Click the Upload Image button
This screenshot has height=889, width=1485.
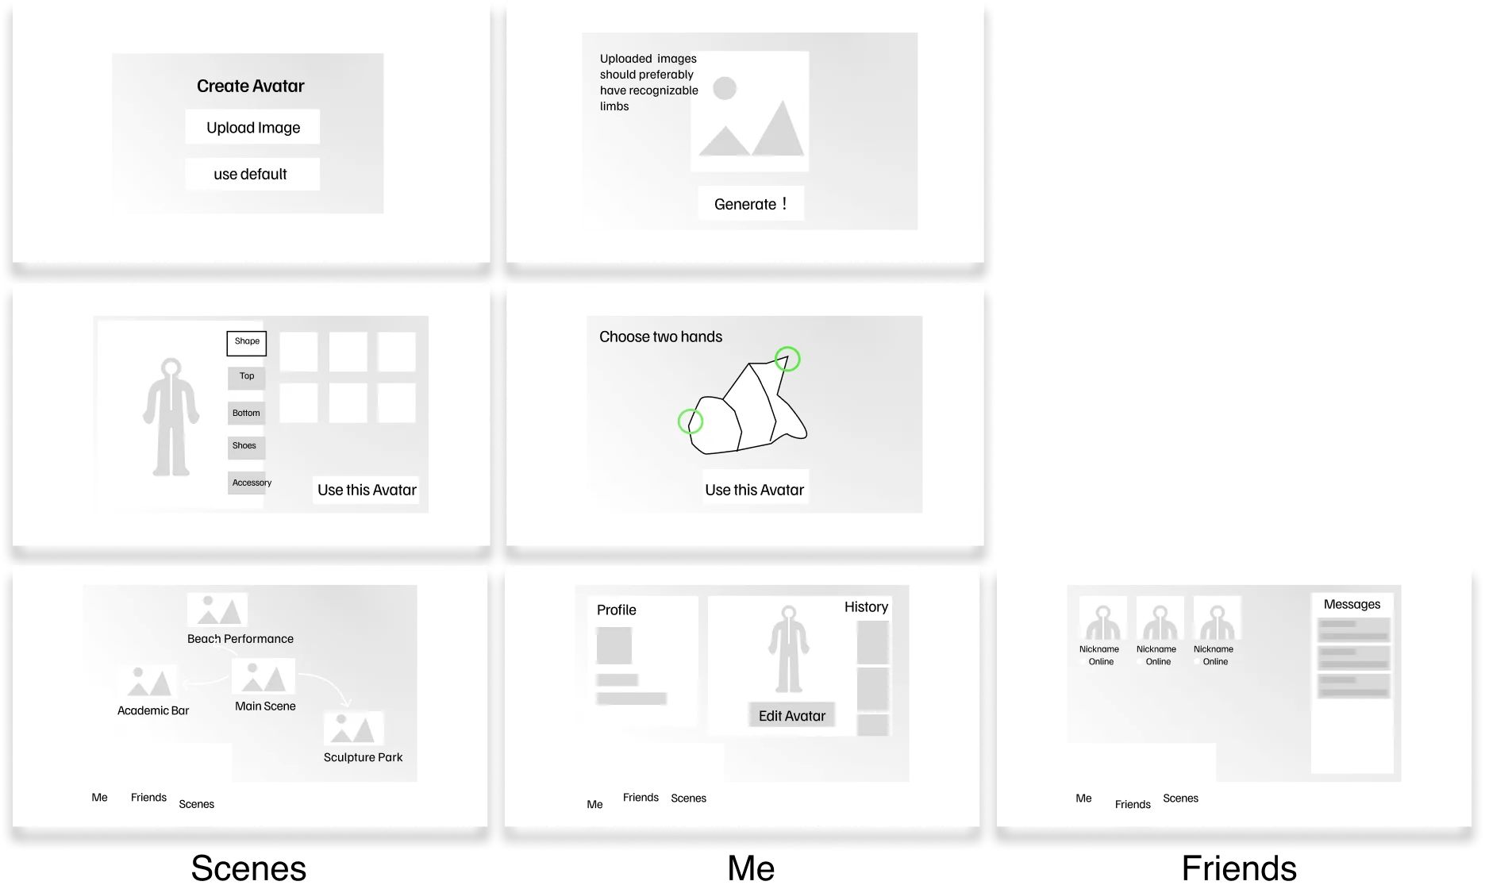tap(252, 127)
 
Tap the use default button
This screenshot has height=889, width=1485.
tap(252, 174)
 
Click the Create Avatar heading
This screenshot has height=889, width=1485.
tap(250, 86)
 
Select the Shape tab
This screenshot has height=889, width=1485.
tap(247, 342)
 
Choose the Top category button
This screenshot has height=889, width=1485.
tap(247, 376)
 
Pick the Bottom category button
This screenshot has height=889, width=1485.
tap(246, 413)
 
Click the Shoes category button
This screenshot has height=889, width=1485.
tap(244, 446)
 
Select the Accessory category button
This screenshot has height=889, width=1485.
tap(251, 483)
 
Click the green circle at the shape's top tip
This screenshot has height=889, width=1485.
tap(787, 359)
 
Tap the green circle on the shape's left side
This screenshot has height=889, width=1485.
tap(690, 421)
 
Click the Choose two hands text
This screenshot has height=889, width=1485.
tap(660, 337)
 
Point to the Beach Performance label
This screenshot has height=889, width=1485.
tap(240, 639)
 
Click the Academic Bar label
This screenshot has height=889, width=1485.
tap(153, 710)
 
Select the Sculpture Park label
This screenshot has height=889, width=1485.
tap(363, 757)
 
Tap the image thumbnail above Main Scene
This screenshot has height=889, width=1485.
tap(264, 676)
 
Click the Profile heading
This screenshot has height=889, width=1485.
tap(616, 610)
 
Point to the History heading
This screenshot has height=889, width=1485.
tap(866, 607)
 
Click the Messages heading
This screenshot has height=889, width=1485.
tap(1352, 604)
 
